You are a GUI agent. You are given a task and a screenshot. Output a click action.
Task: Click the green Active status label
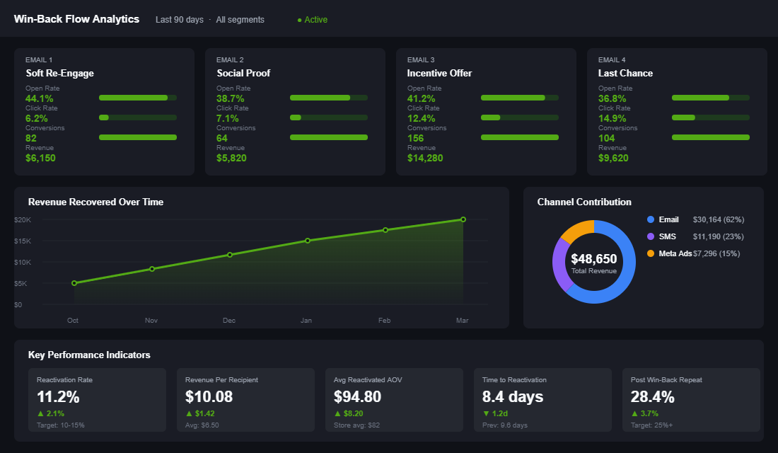point(313,20)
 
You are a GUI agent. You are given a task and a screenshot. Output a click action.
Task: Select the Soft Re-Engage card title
point(59,73)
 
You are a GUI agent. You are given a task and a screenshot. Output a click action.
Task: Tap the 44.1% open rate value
point(39,98)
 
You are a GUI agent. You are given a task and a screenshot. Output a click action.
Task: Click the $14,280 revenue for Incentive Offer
point(425,158)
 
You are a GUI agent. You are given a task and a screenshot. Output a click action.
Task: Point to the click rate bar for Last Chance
point(710,117)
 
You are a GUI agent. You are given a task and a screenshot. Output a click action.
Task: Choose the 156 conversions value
point(416,138)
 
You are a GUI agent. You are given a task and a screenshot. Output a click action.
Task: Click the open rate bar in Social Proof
point(328,98)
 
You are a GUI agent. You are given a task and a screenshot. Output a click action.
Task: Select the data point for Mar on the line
point(463,219)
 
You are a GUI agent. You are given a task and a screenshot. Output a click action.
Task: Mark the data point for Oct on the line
point(74,283)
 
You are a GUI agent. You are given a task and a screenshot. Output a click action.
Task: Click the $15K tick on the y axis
point(23,241)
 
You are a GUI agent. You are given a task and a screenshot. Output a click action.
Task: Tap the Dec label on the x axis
point(229,321)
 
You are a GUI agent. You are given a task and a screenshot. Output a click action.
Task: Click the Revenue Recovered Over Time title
point(95,202)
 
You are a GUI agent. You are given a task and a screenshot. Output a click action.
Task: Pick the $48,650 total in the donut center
point(593,259)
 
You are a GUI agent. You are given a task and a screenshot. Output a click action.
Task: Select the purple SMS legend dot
point(651,236)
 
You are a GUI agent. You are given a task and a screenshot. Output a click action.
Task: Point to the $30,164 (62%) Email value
point(718,219)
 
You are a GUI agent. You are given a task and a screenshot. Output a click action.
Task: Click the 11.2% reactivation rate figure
point(58,397)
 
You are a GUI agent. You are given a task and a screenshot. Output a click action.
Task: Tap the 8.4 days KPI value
point(513,397)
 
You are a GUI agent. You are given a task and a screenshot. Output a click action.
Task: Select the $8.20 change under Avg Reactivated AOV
point(354,413)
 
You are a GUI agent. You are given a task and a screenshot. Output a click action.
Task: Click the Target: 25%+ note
point(654,425)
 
